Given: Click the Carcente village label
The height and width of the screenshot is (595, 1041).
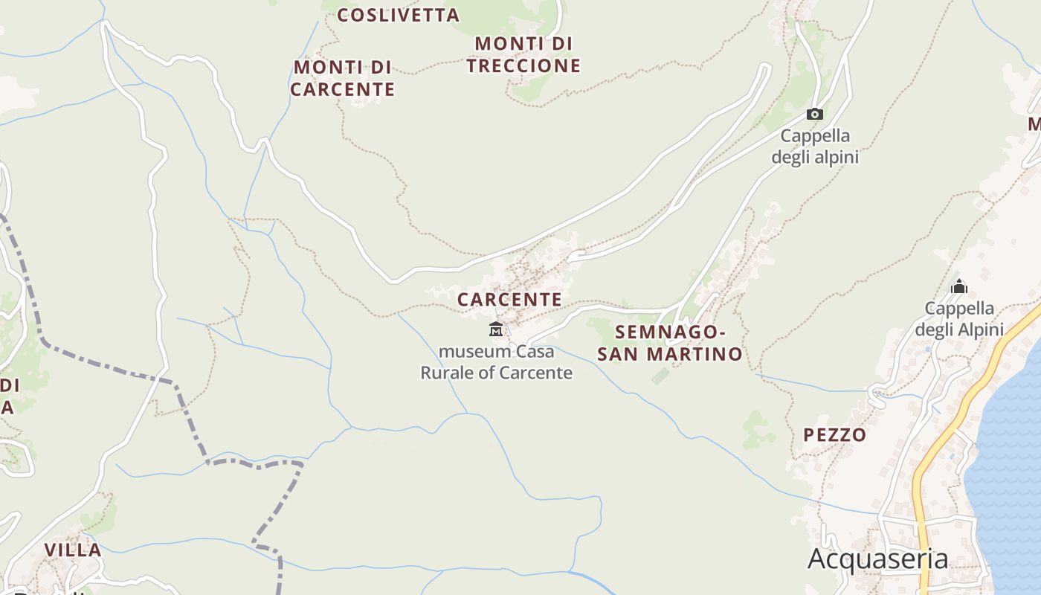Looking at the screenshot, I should click(x=509, y=300).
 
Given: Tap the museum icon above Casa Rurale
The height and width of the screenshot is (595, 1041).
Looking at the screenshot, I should click(x=496, y=329).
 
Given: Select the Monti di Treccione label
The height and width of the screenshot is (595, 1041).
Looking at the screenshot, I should click(x=523, y=55).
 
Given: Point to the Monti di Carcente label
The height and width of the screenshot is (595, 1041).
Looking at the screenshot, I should click(x=342, y=78).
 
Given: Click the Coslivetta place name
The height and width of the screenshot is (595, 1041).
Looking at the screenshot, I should click(x=399, y=15).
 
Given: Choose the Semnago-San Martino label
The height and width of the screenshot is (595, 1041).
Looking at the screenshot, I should click(x=670, y=343).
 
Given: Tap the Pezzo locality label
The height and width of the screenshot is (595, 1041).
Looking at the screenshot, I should click(x=835, y=435).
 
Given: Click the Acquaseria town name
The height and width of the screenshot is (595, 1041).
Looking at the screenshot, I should click(x=877, y=559).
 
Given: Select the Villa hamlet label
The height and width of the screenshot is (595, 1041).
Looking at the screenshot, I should click(x=73, y=550).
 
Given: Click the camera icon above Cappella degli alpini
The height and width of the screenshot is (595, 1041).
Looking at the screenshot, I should click(x=815, y=115).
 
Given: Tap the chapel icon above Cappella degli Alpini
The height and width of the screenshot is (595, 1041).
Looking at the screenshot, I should click(x=959, y=286).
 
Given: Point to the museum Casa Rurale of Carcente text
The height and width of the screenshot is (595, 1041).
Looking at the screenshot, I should click(x=497, y=361).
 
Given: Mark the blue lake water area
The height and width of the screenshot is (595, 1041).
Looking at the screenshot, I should click(x=1011, y=461).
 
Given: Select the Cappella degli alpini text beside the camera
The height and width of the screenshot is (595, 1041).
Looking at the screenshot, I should click(x=815, y=147).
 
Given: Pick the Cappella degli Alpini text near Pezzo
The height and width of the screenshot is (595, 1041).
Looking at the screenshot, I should click(x=959, y=318).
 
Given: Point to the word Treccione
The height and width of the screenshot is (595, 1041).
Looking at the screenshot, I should click(x=523, y=65).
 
